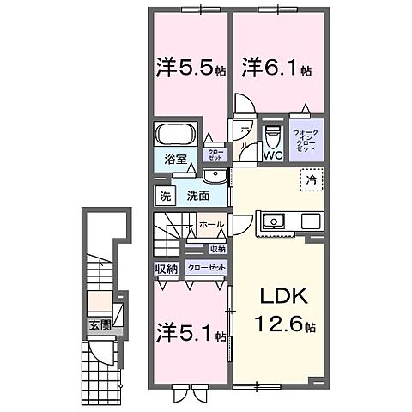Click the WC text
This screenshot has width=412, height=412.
[x=273, y=156]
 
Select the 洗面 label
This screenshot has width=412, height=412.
[x=197, y=196]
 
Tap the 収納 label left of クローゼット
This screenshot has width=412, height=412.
[x=167, y=269]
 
